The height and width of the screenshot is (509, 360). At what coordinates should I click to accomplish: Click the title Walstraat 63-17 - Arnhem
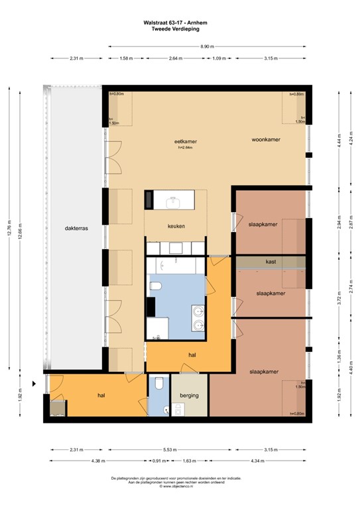[x=179, y=22]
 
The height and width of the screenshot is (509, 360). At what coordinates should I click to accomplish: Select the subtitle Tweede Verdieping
[x=179, y=28]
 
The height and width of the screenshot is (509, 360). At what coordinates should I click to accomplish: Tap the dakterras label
[x=77, y=228]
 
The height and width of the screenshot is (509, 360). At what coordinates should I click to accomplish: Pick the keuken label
[x=176, y=226]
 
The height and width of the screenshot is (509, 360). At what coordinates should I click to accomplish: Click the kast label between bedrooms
[x=270, y=261]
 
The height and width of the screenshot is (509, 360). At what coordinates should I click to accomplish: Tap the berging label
[x=189, y=396]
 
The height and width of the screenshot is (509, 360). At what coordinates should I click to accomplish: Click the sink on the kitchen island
[x=176, y=199]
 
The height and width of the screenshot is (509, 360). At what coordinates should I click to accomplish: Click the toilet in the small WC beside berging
[x=158, y=384]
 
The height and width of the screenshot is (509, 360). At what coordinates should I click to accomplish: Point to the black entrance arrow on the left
[x=34, y=384]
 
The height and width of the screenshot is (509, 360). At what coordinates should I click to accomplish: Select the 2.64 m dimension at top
[x=175, y=59]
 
